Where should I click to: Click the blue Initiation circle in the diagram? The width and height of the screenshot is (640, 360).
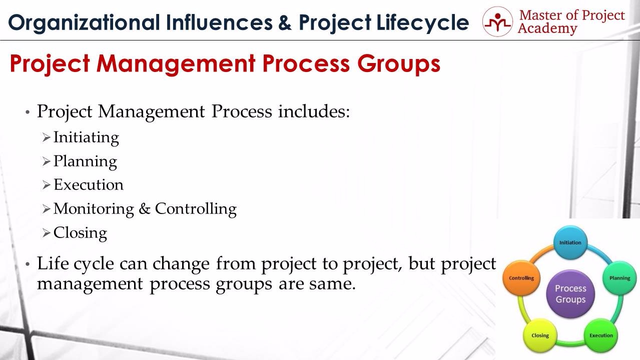click(570, 242)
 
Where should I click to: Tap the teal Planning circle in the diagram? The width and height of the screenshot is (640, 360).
click(619, 278)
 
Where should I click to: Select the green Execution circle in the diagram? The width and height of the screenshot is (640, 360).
click(601, 335)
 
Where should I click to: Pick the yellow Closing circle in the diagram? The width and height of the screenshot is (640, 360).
click(540, 335)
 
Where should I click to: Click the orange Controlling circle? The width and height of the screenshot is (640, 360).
click(521, 278)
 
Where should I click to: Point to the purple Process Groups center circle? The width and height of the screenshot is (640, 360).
click(570, 294)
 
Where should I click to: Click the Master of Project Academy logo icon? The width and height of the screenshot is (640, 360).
click(497, 21)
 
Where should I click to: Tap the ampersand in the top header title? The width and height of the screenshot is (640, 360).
click(285, 22)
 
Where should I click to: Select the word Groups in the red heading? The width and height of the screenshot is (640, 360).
click(399, 64)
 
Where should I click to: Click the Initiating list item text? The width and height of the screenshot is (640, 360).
click(86, 138)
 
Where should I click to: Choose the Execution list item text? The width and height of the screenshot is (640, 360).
click(89, 184)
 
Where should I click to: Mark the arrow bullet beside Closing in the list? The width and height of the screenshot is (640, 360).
click(46, 233)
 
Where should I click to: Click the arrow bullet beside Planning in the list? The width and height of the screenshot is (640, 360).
click(46, 161)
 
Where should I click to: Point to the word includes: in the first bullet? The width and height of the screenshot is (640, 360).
click(314, 111)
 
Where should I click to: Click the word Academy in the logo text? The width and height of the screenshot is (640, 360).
click(547, 29)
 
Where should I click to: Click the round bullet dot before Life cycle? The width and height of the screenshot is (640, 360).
click(28, 264)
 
